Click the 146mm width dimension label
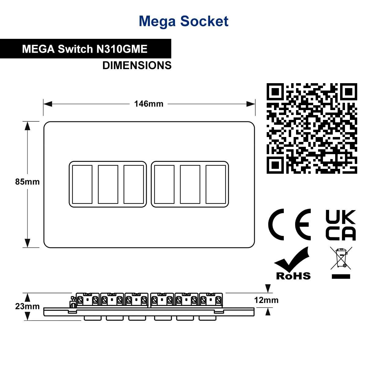(149, 104)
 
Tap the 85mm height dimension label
(28, 182)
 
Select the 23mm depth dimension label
(28, 306)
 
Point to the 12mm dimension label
(266, 300)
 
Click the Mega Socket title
(183, 21)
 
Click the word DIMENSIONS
(137, 65)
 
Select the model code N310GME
(122, 49)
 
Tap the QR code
(312, 128)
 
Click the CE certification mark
(289, 224)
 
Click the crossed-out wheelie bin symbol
(341, 258)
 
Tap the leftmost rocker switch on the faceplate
(82, 184)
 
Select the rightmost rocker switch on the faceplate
(216, 184)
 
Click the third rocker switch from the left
(134, 184)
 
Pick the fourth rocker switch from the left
(164, 184)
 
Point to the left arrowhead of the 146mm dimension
(48, 104)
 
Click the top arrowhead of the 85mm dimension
(28, 126)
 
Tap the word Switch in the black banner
(75, 49)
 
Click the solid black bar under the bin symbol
(341, 276)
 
